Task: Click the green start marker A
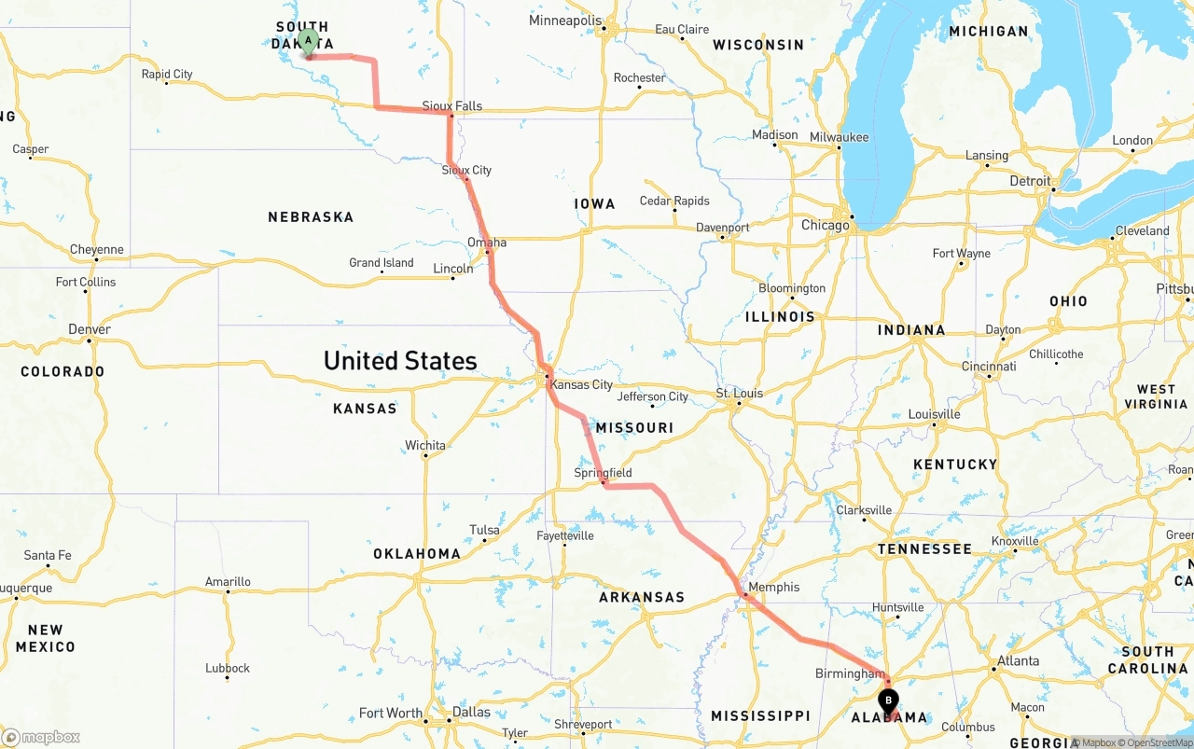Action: point(308,42)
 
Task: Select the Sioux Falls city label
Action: point(452,105)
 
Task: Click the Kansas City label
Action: point(581,384)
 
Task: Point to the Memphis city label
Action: point(774,587)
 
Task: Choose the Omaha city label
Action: point(487,243)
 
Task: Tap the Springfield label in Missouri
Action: point(603,473)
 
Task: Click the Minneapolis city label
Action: point(565,21)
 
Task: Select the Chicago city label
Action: point(826,225)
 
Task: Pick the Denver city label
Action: point(90,329)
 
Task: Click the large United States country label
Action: point(400,360)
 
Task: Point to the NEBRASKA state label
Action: point(311,216)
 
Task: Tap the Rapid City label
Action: point(167,74)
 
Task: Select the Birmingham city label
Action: point(849,673)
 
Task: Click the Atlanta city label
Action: point(1018,660)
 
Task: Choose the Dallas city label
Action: point(471,712)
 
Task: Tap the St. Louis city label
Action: point(740,393)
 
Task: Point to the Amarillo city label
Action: point(228,581)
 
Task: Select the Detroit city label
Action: point(1030,181)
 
